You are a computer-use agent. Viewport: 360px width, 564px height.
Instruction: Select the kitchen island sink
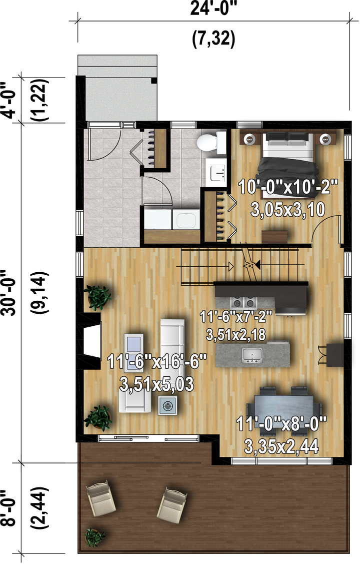252,355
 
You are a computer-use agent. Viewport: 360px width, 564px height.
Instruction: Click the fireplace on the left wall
91,340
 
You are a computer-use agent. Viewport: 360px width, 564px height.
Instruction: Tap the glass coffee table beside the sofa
133,353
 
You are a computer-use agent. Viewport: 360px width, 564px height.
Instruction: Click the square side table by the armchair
168,406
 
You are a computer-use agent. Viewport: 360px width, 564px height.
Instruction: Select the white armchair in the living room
135,400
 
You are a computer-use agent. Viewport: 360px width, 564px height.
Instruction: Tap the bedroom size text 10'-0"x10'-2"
288,188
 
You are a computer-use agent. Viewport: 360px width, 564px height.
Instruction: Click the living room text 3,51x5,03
156,384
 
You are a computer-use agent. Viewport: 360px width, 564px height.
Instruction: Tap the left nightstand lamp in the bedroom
249,138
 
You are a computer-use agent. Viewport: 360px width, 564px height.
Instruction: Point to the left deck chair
101,498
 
